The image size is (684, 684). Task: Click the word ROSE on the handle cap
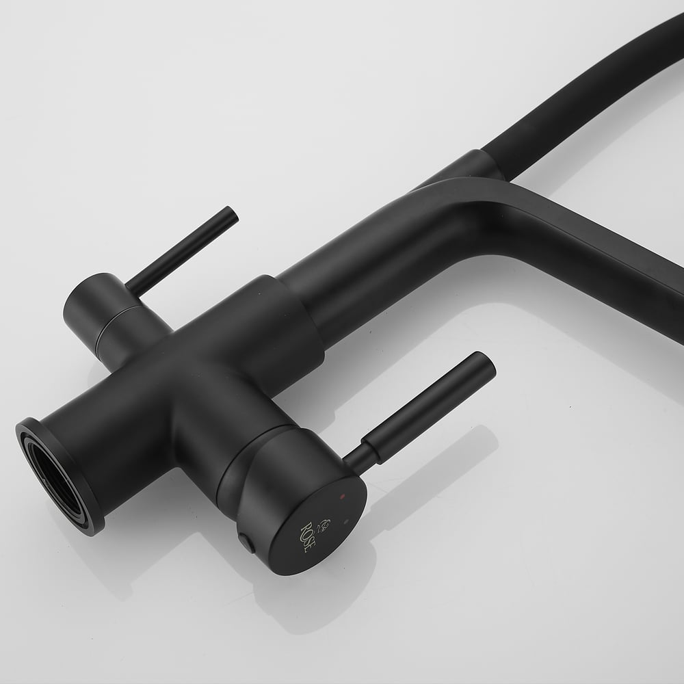306,538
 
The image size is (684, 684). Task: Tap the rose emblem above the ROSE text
324,525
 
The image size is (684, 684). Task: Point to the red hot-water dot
342,496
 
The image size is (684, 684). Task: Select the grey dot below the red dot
346,521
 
